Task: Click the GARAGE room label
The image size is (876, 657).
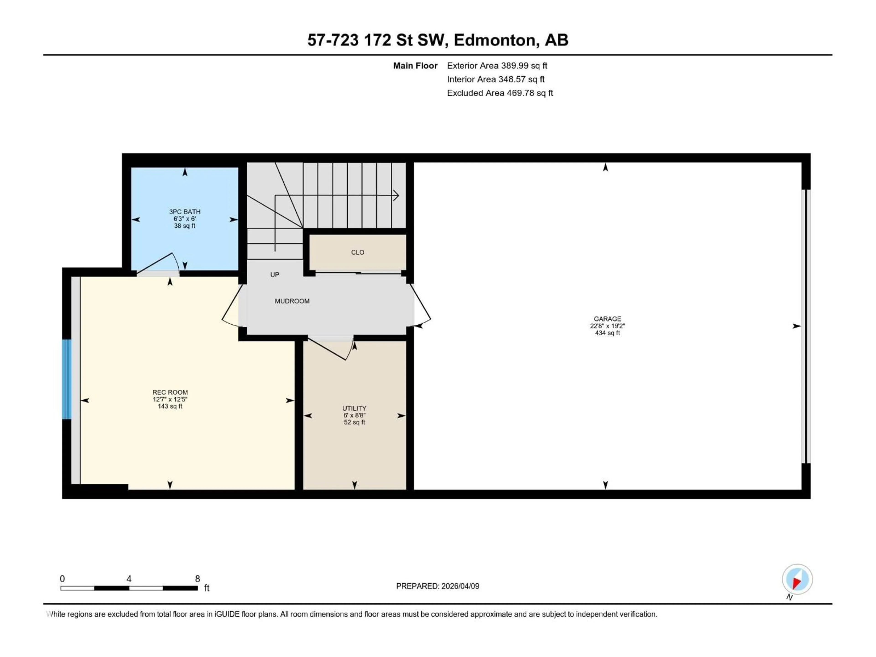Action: (607, 318)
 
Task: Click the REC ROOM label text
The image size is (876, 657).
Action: (170, 392)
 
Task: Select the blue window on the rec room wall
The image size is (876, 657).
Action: (67, 379)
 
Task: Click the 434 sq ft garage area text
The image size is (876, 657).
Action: (607, 333)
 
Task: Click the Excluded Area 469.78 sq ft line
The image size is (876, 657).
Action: (500, 93)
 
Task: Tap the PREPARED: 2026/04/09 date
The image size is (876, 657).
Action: (437, 586)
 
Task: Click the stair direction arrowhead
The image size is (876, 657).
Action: (396, 195)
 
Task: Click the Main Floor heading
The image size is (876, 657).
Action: (415, 66)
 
